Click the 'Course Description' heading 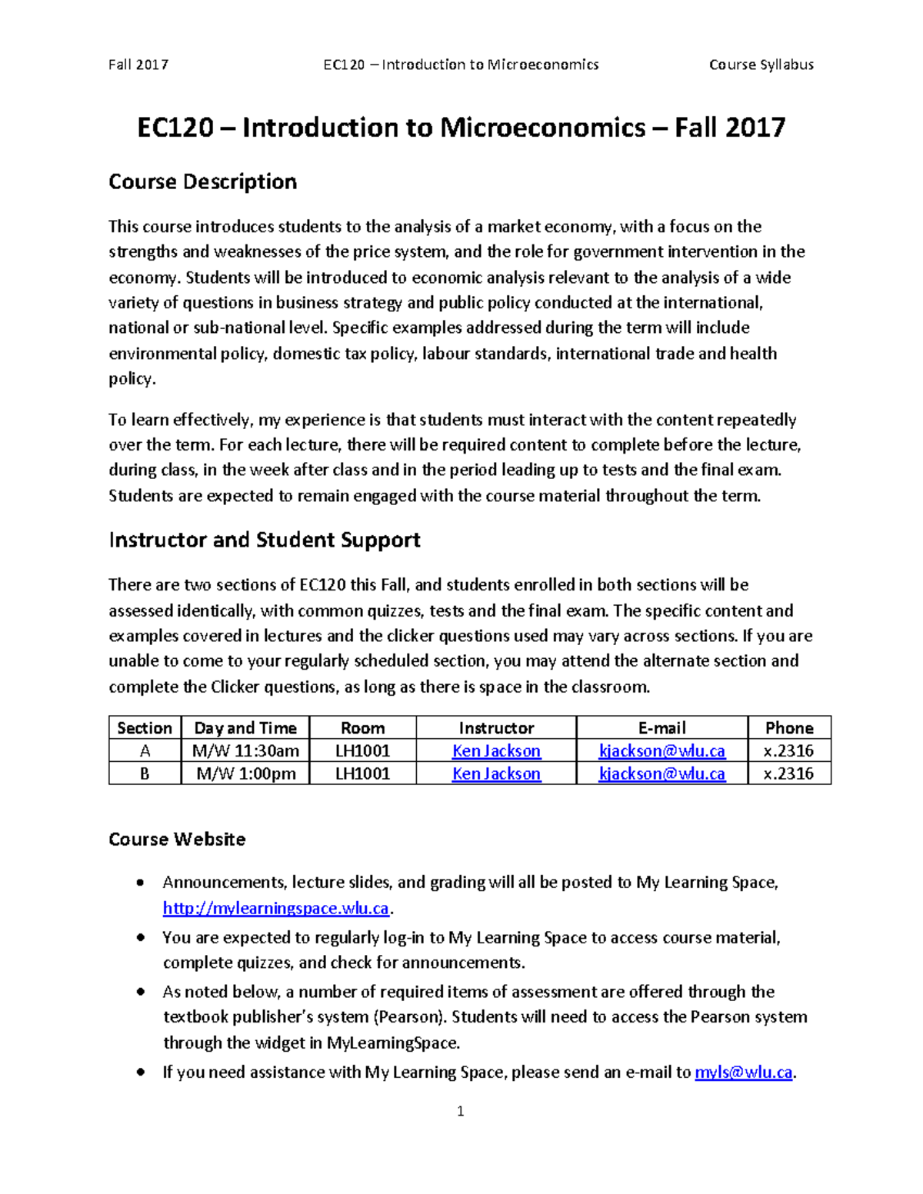[x=202, y=182]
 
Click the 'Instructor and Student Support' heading [x=264, y=540]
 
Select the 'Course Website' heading [x=177, y=839]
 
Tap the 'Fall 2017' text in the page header [x=138, y=65]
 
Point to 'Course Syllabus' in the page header [x=761, y=65]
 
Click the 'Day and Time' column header [x=245, y=728]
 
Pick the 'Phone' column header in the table [x=788, y=728]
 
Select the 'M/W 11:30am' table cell [x=245, y=751]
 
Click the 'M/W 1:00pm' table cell [x=245, y=773]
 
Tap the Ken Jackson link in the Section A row [x=496, y=751]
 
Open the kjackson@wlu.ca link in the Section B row [x=661, y=773]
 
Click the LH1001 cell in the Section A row [x=362, y=751]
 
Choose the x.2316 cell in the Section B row [x=788, y=773]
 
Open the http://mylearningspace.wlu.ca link [x=276, y=909]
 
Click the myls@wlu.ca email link [x=743, y=1073]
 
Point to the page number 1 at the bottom [x=460, y=1111]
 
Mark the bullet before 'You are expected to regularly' [x=139, y=938]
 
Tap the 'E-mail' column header [x=661, y=728]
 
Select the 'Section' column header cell [x=145, y=728]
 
